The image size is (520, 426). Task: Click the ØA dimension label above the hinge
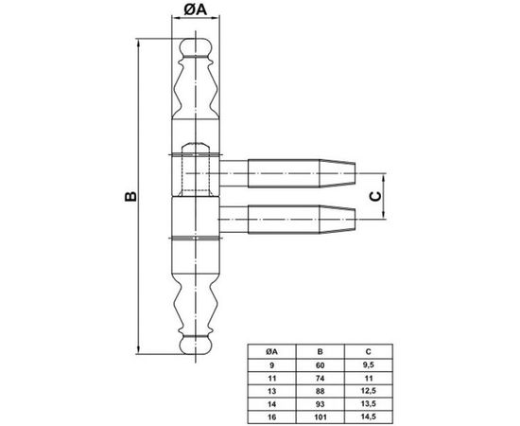click(x=196, y=10)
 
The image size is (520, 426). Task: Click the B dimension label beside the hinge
click(x=131, y=196)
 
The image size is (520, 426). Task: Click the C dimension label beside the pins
click(x=375, y=197)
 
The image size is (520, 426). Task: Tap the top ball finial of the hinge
click(x=196, y=46)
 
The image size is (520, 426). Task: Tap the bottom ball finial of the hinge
click(x=196, y=346)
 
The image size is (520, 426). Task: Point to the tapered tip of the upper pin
click(x=338, y=173)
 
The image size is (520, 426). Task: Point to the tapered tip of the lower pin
click(x=338, y=219)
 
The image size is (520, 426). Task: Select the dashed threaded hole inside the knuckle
click(x=196, y=169)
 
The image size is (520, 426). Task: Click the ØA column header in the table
click(x=271, y=351)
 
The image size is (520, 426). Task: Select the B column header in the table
click(x=320, y=351)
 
